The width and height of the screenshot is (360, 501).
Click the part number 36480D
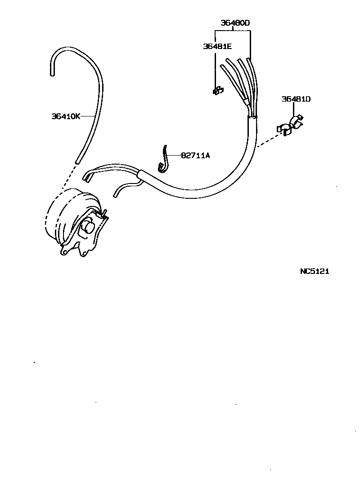(x=235, y=23)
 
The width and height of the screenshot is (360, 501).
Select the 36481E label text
(x=217, y=46)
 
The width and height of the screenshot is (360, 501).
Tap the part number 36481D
(x=296, y=99)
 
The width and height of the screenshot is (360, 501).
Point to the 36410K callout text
(x=66, y=116)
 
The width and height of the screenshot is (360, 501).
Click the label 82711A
(x=196, y=156)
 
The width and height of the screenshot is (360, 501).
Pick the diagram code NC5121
(x=315, y=271)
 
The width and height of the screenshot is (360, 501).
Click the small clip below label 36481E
(x=217, y=91)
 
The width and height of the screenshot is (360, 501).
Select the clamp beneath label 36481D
(x=290, y=127)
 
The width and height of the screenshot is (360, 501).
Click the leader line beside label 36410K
(x=88, y=116)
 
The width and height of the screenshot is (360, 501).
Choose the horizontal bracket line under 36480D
(x=233, y=31)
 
